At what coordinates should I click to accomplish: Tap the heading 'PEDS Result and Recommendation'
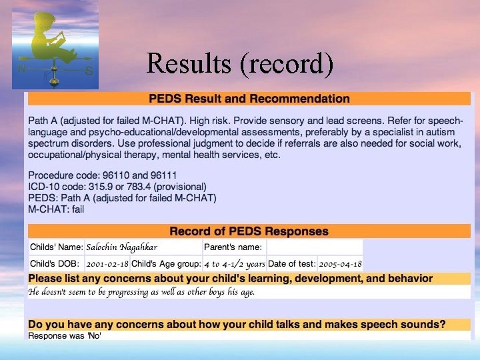click(249, 99)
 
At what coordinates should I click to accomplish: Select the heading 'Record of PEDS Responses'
click(249, 231)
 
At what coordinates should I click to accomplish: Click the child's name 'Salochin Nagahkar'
click(122, 247)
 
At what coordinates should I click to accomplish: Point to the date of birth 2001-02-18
click(107, 263)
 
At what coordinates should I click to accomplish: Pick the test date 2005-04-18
click(341, 263)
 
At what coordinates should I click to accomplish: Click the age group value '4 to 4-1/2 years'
click(235, 263)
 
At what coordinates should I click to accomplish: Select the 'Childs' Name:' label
click(57, 247)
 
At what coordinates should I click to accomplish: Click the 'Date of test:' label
click(293, 263)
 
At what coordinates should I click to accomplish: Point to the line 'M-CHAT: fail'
click(56, 209)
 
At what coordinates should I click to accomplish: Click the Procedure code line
click(99, 175)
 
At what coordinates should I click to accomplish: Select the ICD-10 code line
click(117, 186)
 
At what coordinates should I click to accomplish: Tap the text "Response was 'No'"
click(65, 335)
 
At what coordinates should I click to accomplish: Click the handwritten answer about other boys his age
click(141, 291)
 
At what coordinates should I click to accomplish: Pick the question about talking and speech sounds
click(237, 325)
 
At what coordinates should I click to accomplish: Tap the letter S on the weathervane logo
click(89, 70)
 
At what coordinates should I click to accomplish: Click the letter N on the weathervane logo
click(22, 68)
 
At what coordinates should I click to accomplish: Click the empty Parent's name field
click(313, 247)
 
